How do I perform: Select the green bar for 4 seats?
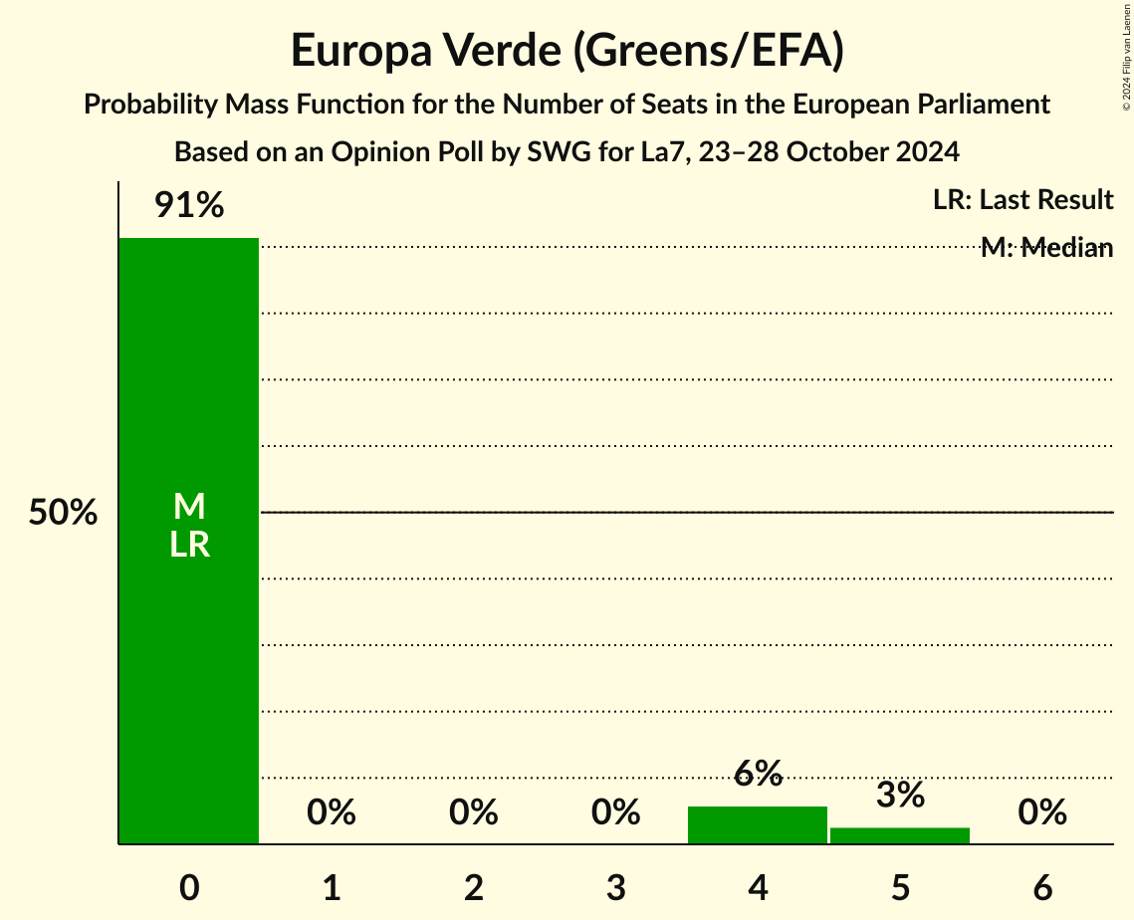point(758,824)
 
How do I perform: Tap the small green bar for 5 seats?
point(900,835)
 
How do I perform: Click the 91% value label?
point(189,206)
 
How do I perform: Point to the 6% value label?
point(758,774)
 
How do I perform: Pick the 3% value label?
point(900,796)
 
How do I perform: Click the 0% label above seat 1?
point(332,812)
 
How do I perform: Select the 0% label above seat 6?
point(1042,812)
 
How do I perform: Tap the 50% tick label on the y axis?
point(63,513)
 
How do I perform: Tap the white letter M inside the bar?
point(189,508)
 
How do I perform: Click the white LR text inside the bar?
point(189,545)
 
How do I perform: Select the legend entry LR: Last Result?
point(1022,200)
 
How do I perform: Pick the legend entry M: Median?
point(1046,248)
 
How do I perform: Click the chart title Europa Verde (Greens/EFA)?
point(567,51)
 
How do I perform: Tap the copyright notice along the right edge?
point(1126,55)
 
